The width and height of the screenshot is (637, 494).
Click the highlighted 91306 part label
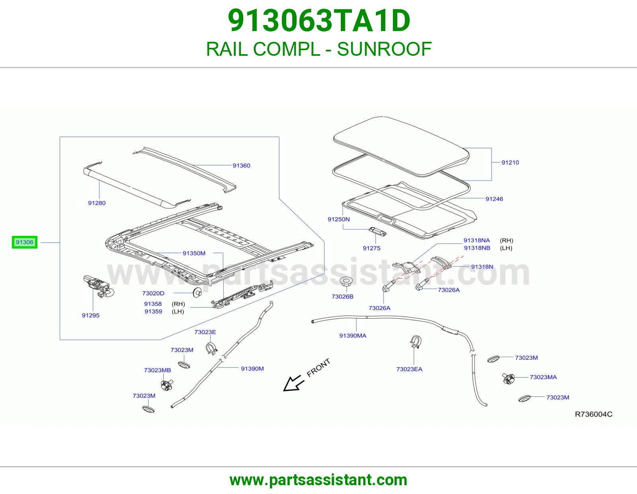(x=25, y=242)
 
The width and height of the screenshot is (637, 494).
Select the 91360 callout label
(x=241, y=165)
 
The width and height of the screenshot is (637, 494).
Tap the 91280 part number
(x=97, y=203)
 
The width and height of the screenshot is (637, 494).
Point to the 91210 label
(x=510, y=162)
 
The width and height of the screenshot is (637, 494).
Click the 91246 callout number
(x=494, y=199)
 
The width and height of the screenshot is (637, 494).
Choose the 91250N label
(x=338, y=219)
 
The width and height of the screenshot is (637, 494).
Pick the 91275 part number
(x=371, y=248)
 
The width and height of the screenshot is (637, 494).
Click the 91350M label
(x=194, y=253)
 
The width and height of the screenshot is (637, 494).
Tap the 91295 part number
(x=91, y=315)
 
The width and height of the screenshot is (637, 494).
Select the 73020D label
(x=153, y=293)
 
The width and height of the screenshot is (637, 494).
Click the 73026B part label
(x=342, y=296)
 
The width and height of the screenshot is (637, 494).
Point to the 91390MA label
(x=353, y=335)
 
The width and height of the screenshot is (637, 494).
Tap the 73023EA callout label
(x=409, y=369)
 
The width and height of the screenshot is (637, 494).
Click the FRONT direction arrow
(x=294, y=383)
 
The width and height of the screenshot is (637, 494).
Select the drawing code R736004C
(x=593, y=414)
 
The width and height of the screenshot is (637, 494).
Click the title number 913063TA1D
(x=318, y=21)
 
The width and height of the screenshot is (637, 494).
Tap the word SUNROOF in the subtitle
(x=384, y=49)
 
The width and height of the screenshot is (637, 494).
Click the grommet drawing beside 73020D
(x=197, y=292)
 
